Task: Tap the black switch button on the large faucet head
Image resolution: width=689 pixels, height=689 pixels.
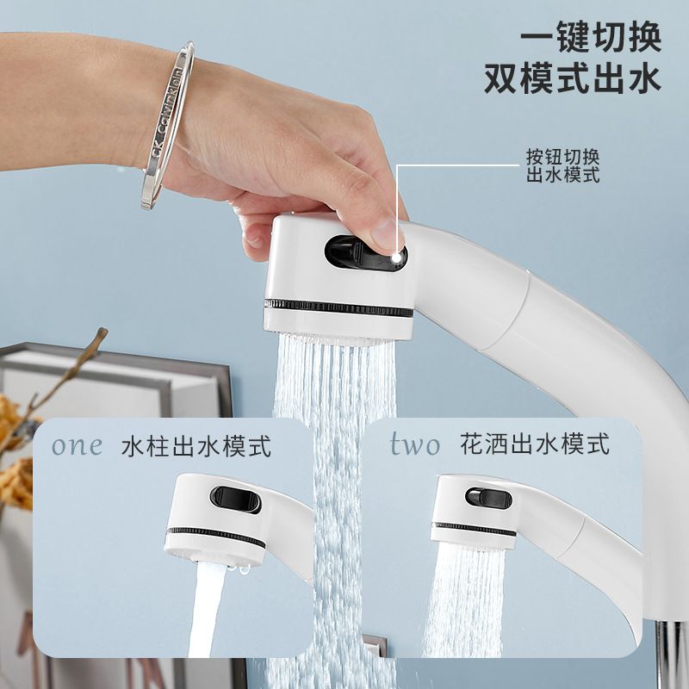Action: [x=365, y=253]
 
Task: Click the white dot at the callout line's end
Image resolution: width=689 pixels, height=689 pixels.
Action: [x=397, y=258]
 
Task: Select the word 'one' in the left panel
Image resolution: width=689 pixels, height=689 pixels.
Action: [x=78, y=445]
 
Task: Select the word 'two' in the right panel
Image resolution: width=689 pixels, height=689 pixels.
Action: [x=415, y=444]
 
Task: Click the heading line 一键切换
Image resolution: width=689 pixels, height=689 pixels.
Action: [x=591, y=37]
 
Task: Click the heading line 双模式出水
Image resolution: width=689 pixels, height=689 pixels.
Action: [x=573, y=78]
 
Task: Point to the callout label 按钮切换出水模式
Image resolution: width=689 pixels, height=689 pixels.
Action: [x=563, y=166]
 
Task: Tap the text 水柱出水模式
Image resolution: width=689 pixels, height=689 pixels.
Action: [x=196, y=446]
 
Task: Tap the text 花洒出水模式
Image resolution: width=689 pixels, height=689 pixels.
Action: [x=535, y=444]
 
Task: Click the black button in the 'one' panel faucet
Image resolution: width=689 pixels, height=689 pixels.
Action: [x=235, y=500]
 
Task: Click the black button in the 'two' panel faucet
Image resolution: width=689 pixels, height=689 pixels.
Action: [x=488, y=499]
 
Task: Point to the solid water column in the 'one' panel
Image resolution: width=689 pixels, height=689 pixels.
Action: [x=206, y=610]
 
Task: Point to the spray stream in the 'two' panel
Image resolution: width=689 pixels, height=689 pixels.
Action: [x=466, y=599]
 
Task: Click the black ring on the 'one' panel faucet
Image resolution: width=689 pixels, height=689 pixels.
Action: [x=216, y=537]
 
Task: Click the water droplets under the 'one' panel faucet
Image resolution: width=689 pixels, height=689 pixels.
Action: [x=239, y=570]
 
